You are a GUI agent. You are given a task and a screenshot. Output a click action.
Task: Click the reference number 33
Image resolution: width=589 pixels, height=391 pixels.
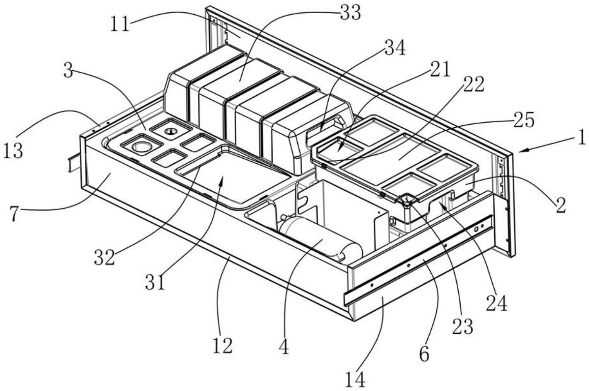350,13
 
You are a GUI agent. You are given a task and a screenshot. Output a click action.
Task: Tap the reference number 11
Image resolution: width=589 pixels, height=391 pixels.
120,24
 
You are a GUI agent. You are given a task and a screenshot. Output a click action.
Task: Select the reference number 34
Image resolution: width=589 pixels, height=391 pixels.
394,48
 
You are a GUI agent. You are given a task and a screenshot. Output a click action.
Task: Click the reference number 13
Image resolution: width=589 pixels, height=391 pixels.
13,151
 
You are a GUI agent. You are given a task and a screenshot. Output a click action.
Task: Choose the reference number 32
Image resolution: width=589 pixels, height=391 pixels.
104,257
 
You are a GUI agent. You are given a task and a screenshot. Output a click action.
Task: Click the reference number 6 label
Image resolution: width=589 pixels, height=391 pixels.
425,354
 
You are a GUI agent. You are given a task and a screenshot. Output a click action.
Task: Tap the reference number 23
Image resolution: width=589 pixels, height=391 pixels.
463,327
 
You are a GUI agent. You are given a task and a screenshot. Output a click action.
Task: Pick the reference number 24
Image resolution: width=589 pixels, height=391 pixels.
496,304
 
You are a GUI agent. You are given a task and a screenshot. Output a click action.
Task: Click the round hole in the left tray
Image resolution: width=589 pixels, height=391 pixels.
141,146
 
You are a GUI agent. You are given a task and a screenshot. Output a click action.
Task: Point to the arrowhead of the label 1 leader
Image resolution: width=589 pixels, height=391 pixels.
519,151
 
